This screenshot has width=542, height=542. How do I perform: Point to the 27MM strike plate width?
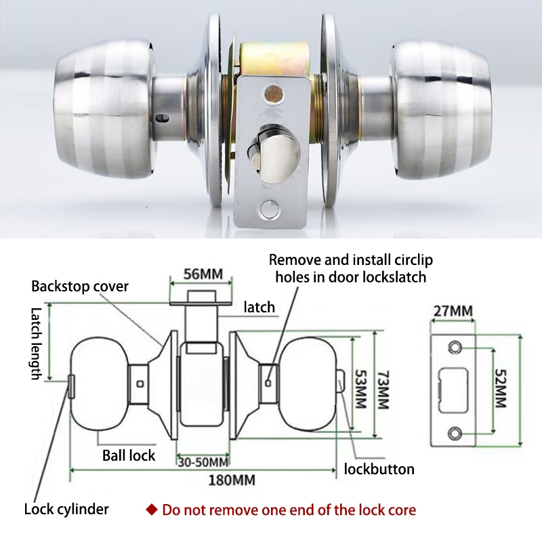click(x=452, y=311)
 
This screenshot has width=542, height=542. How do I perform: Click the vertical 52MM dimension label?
click(x=501, y=388)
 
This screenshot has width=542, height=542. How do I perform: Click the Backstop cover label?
click(x=80, y=286)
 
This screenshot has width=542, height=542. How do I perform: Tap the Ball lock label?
click(x=129, y=455)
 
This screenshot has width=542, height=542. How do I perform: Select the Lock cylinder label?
click(x=66, y=509)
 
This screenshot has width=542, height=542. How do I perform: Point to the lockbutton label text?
click(x=379, y=469)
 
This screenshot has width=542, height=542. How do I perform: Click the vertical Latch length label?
click(x=36, y=343)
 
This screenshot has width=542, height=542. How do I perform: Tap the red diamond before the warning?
click(x=152, y=509)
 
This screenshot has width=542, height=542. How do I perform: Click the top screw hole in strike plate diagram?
click(x=455, y=348)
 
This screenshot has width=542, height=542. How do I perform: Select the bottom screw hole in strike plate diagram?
click(x=455, y=432)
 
